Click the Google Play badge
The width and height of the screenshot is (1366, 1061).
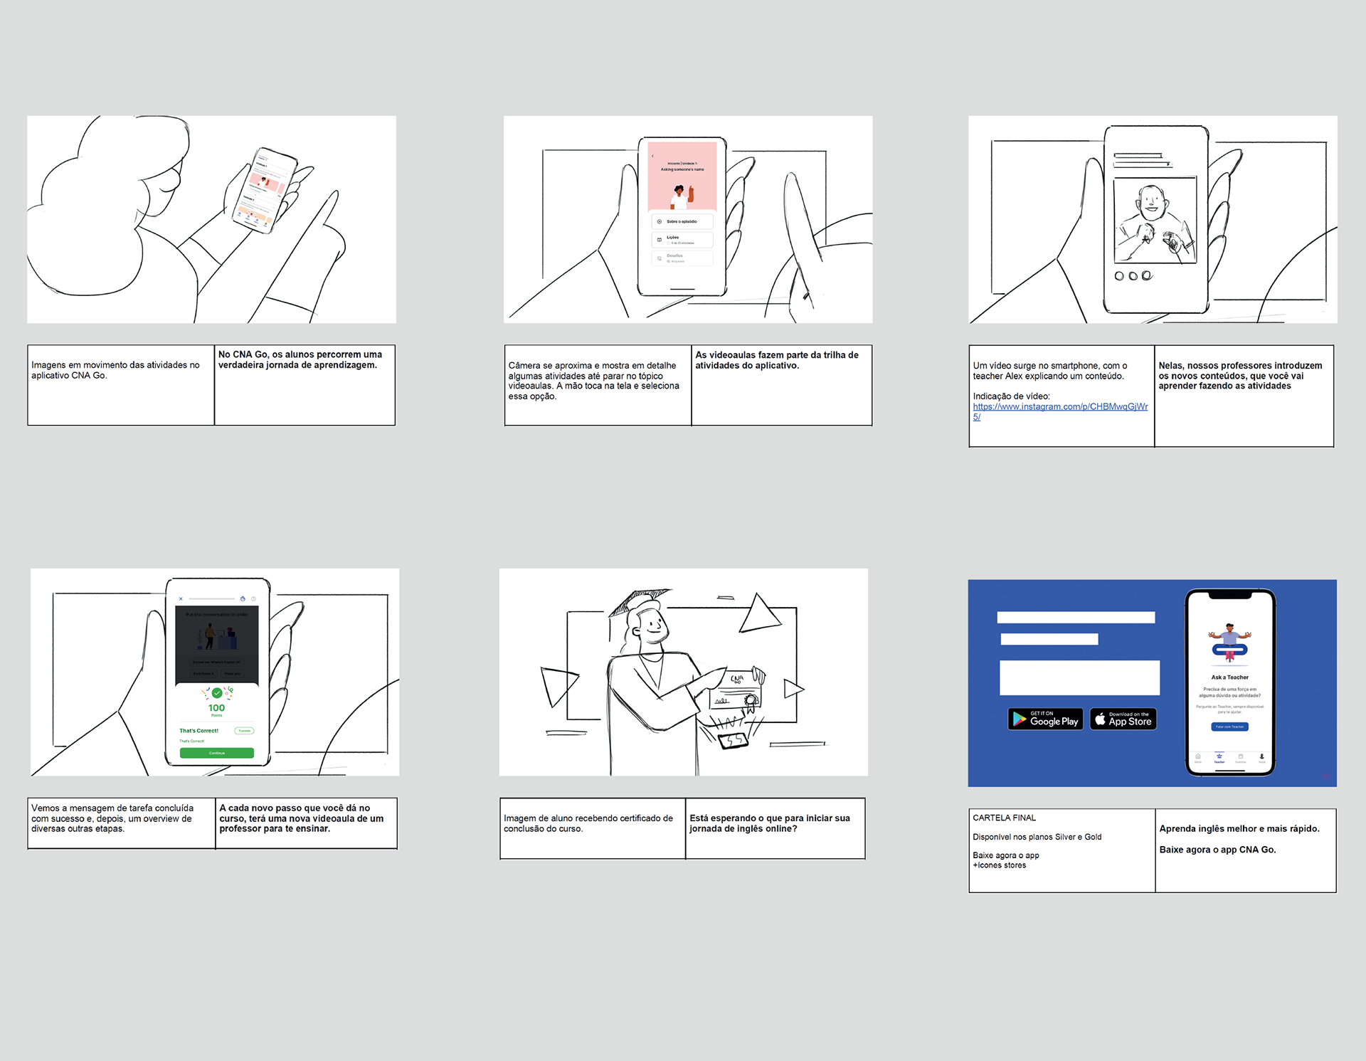click(1045, 719)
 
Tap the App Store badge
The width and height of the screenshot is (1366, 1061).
click(1123, 719)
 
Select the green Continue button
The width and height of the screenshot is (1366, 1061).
click(216, 753)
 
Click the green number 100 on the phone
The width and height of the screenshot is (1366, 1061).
click(216, 708)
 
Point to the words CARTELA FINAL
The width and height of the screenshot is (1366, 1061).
click(1004, 818)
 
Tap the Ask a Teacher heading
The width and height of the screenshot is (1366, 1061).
click(1229, 677)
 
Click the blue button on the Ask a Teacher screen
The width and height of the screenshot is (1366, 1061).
click(1229, 727)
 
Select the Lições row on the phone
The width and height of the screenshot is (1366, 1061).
click(682, 240)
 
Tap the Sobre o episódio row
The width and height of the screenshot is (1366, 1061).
click(682, 221)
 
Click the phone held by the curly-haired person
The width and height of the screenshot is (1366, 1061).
click(265, 190)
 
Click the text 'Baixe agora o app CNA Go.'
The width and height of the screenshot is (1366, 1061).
click(1217, 850)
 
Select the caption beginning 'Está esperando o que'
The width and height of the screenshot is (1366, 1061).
click(769, 823)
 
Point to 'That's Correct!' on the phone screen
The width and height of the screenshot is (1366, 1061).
click(198, 731)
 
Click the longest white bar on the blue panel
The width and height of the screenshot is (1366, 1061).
click(1079, 677)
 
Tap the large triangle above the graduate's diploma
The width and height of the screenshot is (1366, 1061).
click(758, 615)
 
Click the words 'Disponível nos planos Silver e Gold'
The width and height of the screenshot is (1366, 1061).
click(1037, 838)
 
